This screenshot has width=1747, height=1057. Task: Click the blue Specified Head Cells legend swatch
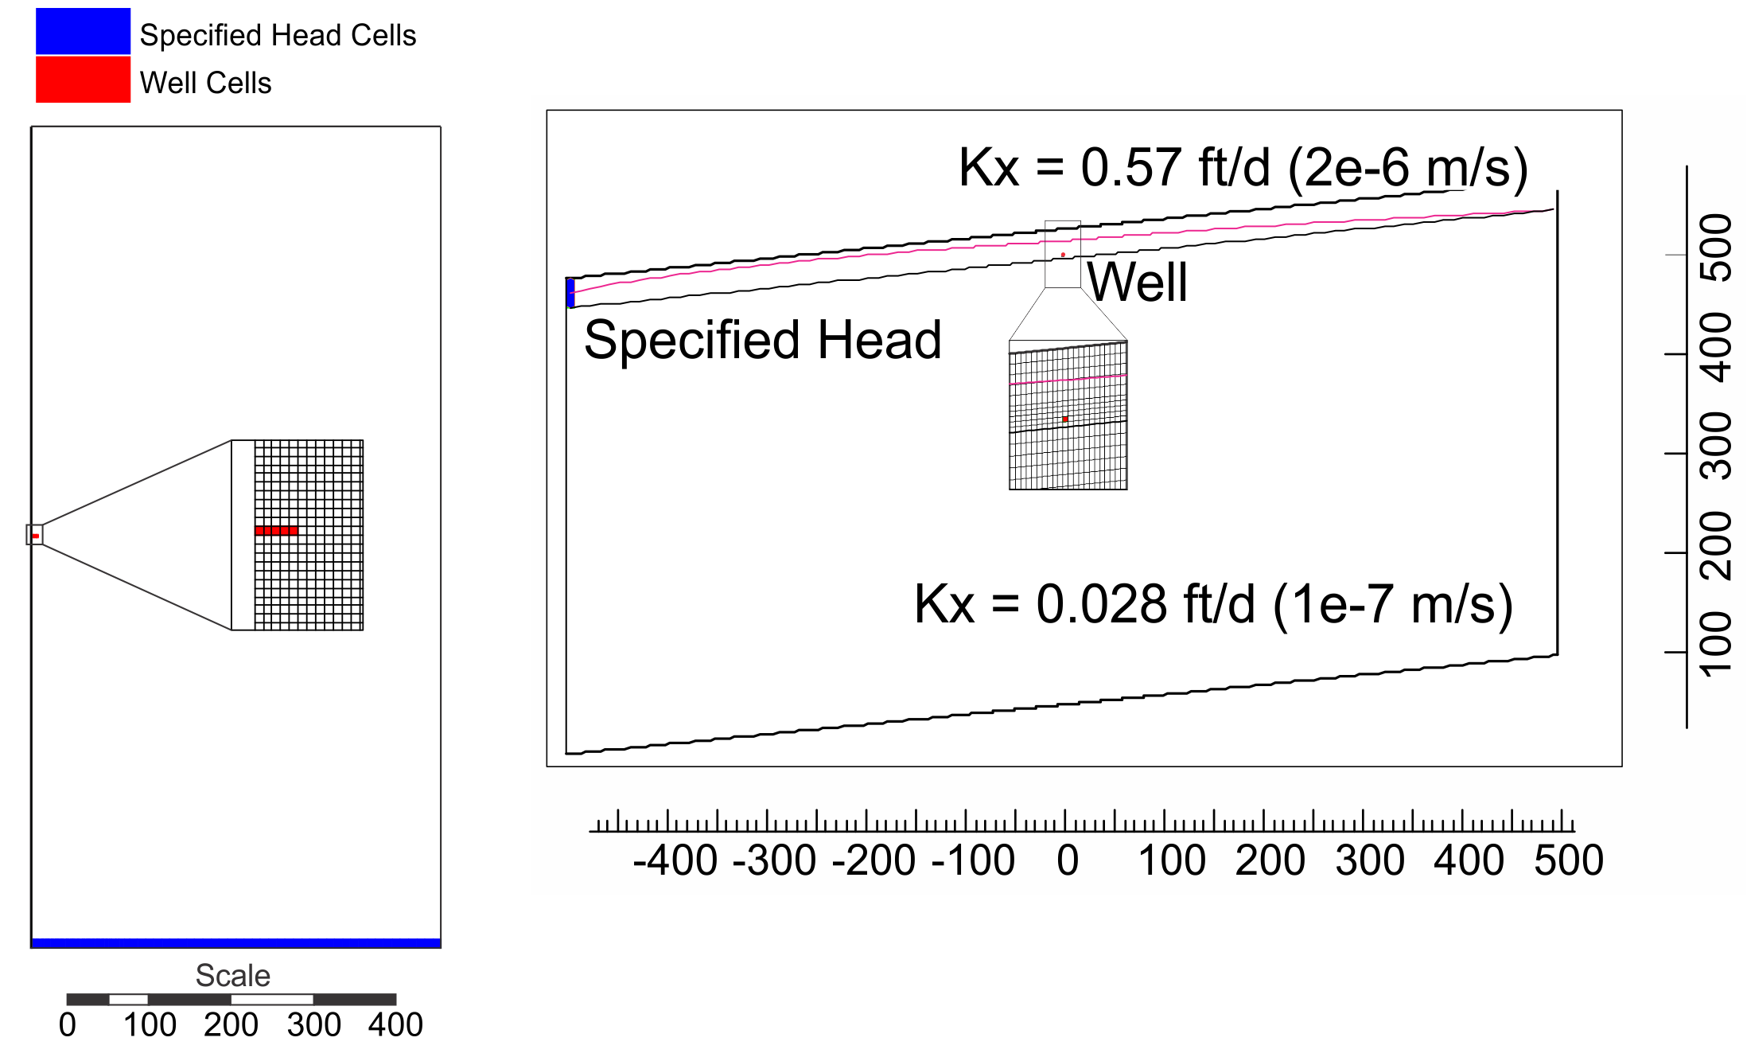(x=83, y=31)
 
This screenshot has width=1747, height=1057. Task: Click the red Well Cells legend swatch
(x=83, y=79)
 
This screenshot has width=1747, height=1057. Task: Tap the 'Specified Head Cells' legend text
(x=278, y=36)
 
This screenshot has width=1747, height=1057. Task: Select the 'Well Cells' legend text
(x=205, y=83)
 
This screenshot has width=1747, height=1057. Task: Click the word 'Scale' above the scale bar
(x=233, y=975)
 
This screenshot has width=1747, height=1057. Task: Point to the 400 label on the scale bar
(x=395, y=1024)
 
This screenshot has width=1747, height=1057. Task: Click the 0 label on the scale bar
(x=68, y=1024)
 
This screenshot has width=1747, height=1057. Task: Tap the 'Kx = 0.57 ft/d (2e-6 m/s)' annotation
(x=1243, y=168)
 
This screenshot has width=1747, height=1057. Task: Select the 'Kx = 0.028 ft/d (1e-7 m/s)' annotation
(x=1213, y=604)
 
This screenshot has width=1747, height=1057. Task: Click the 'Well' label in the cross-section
(x=1138, y=282)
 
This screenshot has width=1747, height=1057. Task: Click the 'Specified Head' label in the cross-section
(x=762, y=340)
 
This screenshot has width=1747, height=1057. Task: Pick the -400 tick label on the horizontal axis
(x=675, y=860)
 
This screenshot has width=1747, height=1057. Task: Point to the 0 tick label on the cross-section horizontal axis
(x=1068, y=860)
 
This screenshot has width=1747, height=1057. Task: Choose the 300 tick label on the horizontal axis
(x=1370, y=860)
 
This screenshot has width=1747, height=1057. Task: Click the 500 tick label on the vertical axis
(x=1716, y=248)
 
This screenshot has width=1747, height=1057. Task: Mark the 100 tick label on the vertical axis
(x=1716, y=644)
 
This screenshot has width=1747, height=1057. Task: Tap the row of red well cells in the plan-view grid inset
(x=276, y=530)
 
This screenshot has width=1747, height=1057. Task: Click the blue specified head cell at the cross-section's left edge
(x=570, y=292)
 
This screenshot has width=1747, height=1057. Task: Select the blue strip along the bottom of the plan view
(x=235, y=943)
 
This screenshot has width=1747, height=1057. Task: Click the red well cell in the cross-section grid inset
(x=1065, y=419)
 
